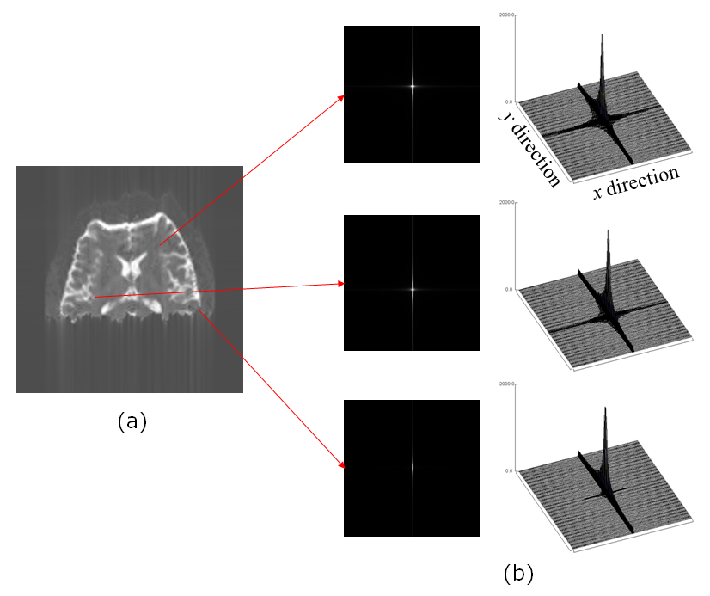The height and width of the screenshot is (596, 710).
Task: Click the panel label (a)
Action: [132, 421]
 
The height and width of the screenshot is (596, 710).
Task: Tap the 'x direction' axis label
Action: [636, 182]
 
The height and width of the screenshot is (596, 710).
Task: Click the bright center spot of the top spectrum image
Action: [413, 85]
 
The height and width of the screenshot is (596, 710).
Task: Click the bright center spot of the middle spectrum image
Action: [413, 288]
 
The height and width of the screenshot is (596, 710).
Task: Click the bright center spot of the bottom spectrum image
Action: [413, 470]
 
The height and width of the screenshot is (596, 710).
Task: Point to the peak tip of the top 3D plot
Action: [603, 35]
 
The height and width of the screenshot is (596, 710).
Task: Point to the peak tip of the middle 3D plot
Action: [609, 230]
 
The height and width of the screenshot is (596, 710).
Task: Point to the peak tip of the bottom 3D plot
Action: [606, 408]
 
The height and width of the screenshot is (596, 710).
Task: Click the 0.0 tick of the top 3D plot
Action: [508, 101]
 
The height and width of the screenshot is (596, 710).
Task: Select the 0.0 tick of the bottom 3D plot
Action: [508, 470]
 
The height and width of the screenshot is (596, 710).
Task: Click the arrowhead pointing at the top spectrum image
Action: [341, 96]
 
